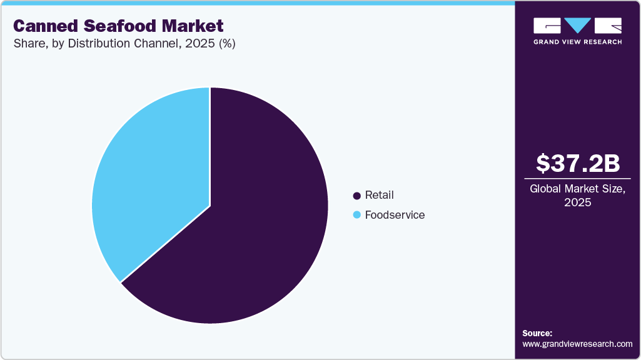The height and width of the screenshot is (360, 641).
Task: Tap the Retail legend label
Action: click(379, 196)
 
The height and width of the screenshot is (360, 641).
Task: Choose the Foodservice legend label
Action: click(395, 215)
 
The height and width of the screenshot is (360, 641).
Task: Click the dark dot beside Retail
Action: click(357, 196)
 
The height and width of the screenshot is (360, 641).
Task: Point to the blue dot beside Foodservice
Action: click(357, 215)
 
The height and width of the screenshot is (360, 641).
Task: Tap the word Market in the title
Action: click(193, 26)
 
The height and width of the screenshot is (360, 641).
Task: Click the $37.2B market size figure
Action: click(578, 163)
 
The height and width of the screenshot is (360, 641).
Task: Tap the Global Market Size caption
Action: click(578, 189)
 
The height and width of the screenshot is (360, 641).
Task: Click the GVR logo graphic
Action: click(577, 26)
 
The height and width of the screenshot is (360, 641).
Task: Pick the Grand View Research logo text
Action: click(577, 42)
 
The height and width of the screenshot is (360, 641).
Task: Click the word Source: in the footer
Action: click(537, 333)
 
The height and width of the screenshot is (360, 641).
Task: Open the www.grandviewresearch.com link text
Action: click(577, 344)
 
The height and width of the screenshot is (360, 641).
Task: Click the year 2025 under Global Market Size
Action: click(578, 202)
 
